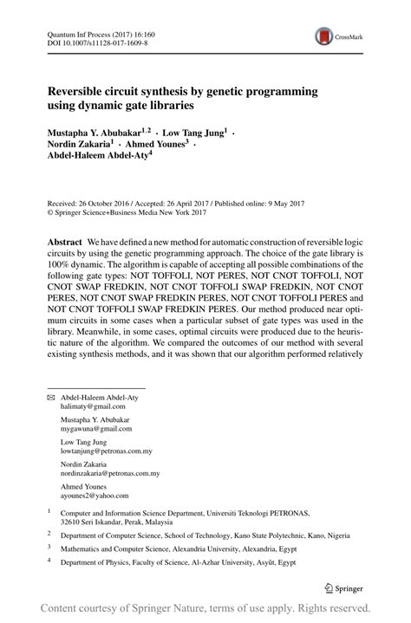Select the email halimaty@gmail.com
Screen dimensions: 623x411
point(91,406)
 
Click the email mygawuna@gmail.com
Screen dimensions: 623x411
point(95,429)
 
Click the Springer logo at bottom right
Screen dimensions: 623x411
point(343,587)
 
